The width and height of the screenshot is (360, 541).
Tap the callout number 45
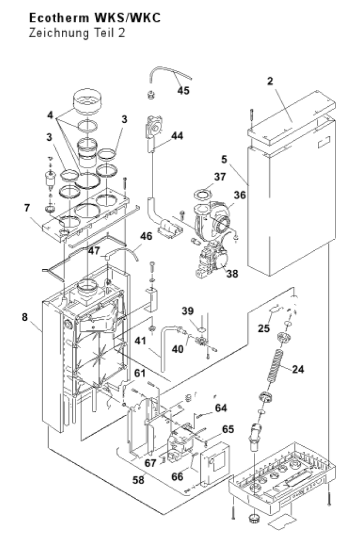[x=183, y=90]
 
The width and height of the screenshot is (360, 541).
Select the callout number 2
[x=270, y=81]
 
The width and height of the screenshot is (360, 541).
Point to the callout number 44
[x=177, y=136]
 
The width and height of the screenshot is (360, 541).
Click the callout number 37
[x=219, y=177]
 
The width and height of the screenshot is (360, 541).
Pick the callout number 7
[x=27, y=208]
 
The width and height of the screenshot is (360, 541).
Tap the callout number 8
[x=25, y=317]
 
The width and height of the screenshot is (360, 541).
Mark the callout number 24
[x=298, y=369]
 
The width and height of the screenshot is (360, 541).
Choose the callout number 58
[x=138, y=480]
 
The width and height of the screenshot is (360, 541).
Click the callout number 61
[x=140, y=373]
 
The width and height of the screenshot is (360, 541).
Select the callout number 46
[x=146, y=237]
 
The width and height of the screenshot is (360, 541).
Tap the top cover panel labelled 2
[x=292, y=117]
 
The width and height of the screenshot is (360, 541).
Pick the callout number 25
[x=264, y=328]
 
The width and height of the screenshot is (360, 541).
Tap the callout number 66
[x=178, y=476]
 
